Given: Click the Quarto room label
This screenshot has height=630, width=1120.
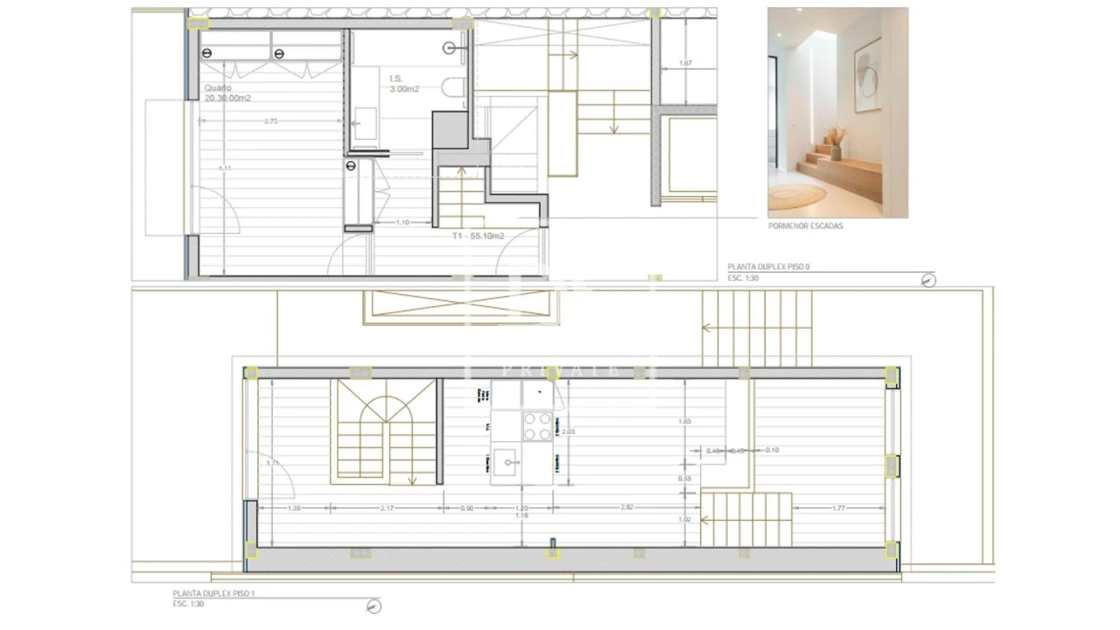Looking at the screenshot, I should pos(218,87).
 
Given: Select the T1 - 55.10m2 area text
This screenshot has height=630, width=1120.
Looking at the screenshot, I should pos(478,235).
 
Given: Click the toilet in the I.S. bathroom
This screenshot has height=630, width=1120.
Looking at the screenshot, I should pos(453,87).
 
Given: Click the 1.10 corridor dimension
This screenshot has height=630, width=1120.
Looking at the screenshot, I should pos(402,222).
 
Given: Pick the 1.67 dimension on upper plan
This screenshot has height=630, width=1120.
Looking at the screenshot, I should pos(685,63).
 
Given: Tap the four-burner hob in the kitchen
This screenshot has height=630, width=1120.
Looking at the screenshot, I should pos(538,426).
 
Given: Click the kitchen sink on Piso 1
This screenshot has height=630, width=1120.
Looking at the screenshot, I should pos(507,461).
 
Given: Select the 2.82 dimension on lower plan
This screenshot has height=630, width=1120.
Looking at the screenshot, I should pos(626,507).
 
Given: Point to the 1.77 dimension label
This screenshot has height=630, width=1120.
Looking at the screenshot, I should pos(837,507).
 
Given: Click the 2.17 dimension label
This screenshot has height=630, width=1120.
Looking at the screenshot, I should pos(387,507).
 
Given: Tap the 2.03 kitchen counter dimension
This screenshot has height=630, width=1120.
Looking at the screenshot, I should pos(568,431).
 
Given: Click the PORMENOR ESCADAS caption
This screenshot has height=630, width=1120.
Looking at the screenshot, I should pos(805,226).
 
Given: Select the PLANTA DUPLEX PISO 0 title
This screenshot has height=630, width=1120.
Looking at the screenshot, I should pos(767,268).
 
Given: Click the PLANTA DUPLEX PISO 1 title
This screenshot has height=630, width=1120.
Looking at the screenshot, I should pos(213,594).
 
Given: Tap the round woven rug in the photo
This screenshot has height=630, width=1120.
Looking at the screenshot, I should pos(796,195).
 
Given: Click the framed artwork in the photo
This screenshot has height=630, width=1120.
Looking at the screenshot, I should pos(867,75).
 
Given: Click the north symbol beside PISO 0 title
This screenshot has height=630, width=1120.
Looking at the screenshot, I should pos(928,280).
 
